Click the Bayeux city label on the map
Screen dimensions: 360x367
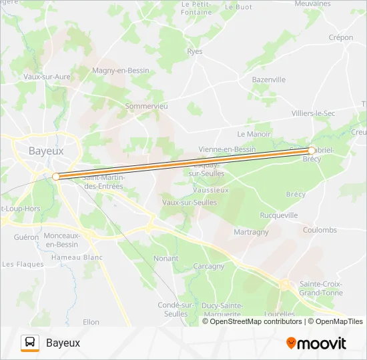pyautogui.click(x=46, y=151)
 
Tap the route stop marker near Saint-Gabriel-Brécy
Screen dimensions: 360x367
pyautogui.click(x=312, y=151)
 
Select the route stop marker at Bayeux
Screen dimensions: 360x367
pyautogui.click(x=56, y=177)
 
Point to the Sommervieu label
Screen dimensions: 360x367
pyautogui.click(x=147, y=106)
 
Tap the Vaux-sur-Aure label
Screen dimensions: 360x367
pyautogui.click(x=47, y=77)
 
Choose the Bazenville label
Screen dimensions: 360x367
pyautogui.click(x=268, y=80)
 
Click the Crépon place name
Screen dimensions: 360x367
pyautogui.click(x=340, y=38)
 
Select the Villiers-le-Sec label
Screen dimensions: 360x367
pyautogui.click(x=313, y=113)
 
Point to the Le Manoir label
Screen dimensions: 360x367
pyautogui.click(x=254, y=134)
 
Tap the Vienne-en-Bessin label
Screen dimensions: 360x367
pyautogui.click(x=227, y=149)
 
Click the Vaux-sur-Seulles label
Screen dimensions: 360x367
pyautogui.click(x=190, y=202)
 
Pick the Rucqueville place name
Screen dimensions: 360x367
pyautogui.click(x=279, y=215)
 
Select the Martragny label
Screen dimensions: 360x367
pyautogui.click(x=251, y=232)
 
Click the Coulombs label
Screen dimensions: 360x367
pyautogui.click(x=320, y=230)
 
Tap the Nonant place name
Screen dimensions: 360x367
pyautogui.click(x=165, y=258)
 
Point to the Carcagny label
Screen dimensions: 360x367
pyautogui.click(x=209, y=266)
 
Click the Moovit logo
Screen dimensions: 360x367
pyautogui.click(x=316, y=343)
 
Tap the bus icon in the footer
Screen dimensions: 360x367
pyautogui.click(x=30, y=343)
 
